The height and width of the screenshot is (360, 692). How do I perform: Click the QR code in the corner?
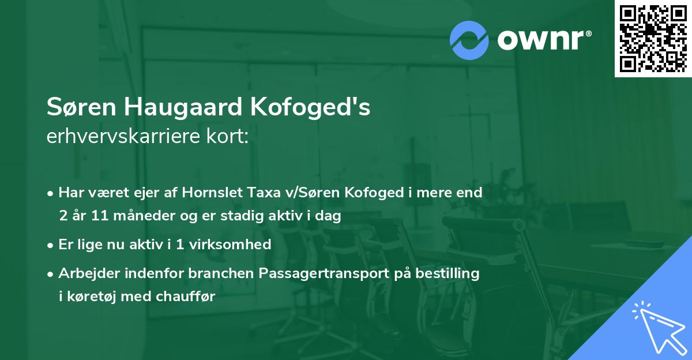(x=653, y=38)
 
